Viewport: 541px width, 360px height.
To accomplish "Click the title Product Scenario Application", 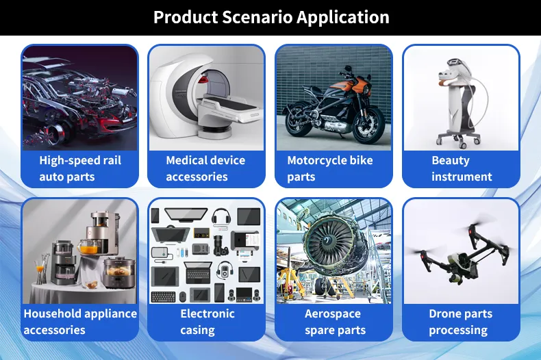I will pos(270,17).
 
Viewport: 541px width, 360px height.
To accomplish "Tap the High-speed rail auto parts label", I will pos(80,168).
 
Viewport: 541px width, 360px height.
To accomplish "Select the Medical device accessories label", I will pos(205,168).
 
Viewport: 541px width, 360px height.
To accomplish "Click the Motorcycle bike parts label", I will pos(330,168).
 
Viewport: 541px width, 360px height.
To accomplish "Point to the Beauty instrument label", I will pos(461,168).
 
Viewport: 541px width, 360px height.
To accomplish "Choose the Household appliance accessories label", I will pos(80,322).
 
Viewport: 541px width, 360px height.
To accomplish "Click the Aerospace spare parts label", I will pos(335,322).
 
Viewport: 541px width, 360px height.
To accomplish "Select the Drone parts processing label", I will pos(460,322).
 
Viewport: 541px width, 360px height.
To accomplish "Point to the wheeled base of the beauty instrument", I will pos(461,140).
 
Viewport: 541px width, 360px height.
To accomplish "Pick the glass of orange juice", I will pos(88,248).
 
